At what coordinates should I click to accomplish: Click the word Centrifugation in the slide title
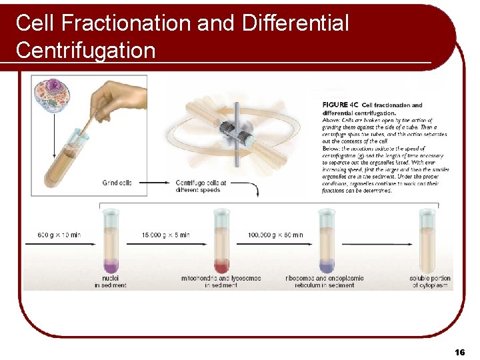pos(85,50)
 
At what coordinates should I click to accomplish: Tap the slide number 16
pos(459,351)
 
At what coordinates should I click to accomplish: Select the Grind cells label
pos(117,182)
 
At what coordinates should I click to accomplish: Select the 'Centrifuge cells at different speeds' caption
pos(201,185)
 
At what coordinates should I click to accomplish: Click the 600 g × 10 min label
pos(59,235)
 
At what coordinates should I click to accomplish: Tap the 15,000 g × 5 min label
pos(167,235)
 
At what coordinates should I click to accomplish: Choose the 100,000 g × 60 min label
pos(275,235)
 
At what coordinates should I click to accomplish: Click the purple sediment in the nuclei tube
pos(111,264)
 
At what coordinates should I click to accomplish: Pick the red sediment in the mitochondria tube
pos(221,264)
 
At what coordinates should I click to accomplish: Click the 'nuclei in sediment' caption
pos(111,281)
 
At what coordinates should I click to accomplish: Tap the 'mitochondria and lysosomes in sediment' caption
pos(221,281)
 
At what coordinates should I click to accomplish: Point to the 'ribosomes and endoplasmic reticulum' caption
pos(328,281)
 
